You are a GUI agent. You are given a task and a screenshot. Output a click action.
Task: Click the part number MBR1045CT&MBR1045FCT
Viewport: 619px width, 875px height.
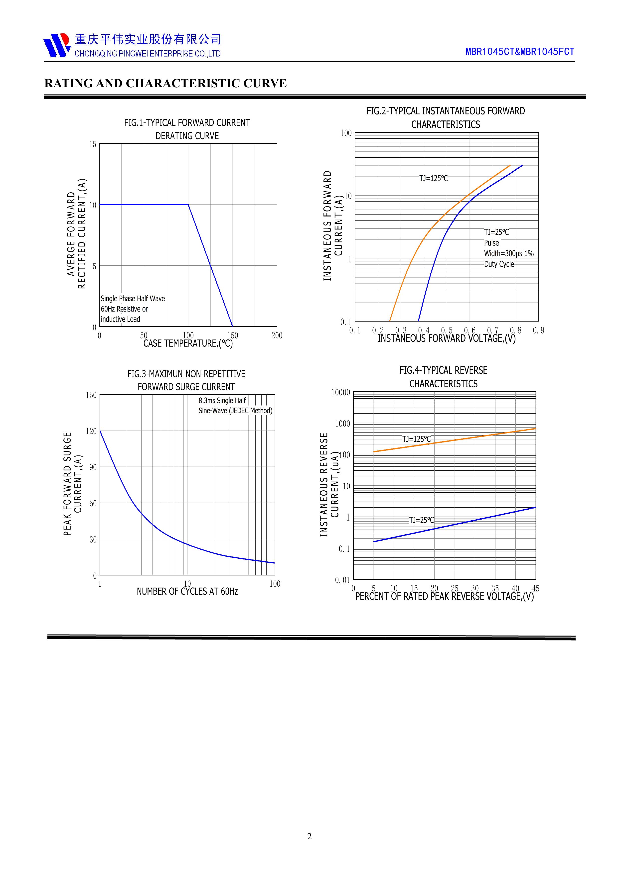pos(519,52)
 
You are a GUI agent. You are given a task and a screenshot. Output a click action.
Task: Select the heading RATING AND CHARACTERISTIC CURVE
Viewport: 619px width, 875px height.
pos(165,84)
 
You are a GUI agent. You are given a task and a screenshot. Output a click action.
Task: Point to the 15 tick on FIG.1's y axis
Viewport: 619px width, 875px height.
pos(93,144)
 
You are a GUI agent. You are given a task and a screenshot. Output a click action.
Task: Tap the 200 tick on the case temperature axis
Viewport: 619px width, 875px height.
pos(277,335)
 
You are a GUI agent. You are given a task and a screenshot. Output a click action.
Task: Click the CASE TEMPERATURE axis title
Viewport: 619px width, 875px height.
pos(188,343)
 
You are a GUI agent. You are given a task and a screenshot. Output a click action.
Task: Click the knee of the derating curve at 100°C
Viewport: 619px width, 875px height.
pos(188,205)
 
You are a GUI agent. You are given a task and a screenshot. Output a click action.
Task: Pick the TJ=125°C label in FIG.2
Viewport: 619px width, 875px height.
pos(433,178)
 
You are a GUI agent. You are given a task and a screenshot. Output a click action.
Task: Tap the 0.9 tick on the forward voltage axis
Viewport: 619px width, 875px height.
pos(539,330)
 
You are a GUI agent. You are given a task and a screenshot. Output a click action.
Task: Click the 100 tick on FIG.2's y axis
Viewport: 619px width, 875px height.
pos(346,133)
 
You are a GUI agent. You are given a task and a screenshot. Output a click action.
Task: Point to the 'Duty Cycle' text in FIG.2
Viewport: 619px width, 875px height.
pos(499,264)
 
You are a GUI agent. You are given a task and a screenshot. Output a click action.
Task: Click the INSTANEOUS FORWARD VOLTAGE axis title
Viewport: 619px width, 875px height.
pos(446,338)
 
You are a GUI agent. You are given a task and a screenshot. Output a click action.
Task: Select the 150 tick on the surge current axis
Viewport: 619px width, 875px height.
pos(92,395)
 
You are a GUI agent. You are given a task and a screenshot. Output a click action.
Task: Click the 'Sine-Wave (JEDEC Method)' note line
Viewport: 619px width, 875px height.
pos(235,411)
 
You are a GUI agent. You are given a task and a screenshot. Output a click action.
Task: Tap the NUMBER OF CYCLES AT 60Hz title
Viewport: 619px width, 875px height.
pos(187,591)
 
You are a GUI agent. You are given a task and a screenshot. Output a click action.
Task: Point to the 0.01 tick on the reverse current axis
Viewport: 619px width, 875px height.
pos(342,580)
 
